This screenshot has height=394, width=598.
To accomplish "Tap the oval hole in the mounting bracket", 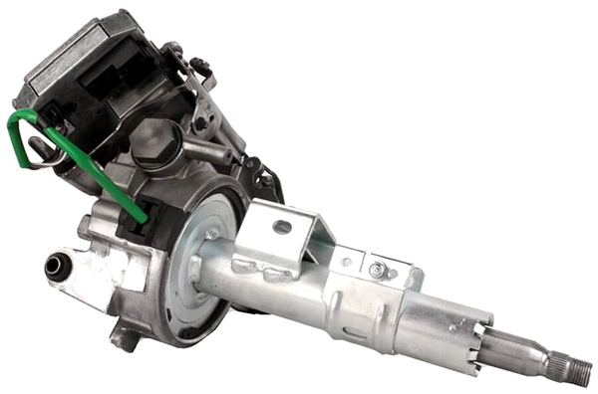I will (x=282, y=226).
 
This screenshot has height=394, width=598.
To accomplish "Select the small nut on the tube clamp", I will (x=377, y=270).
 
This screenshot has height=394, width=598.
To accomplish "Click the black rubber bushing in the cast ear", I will (x=57, y=266).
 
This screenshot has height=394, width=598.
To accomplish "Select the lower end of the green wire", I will (x=139, y=214).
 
